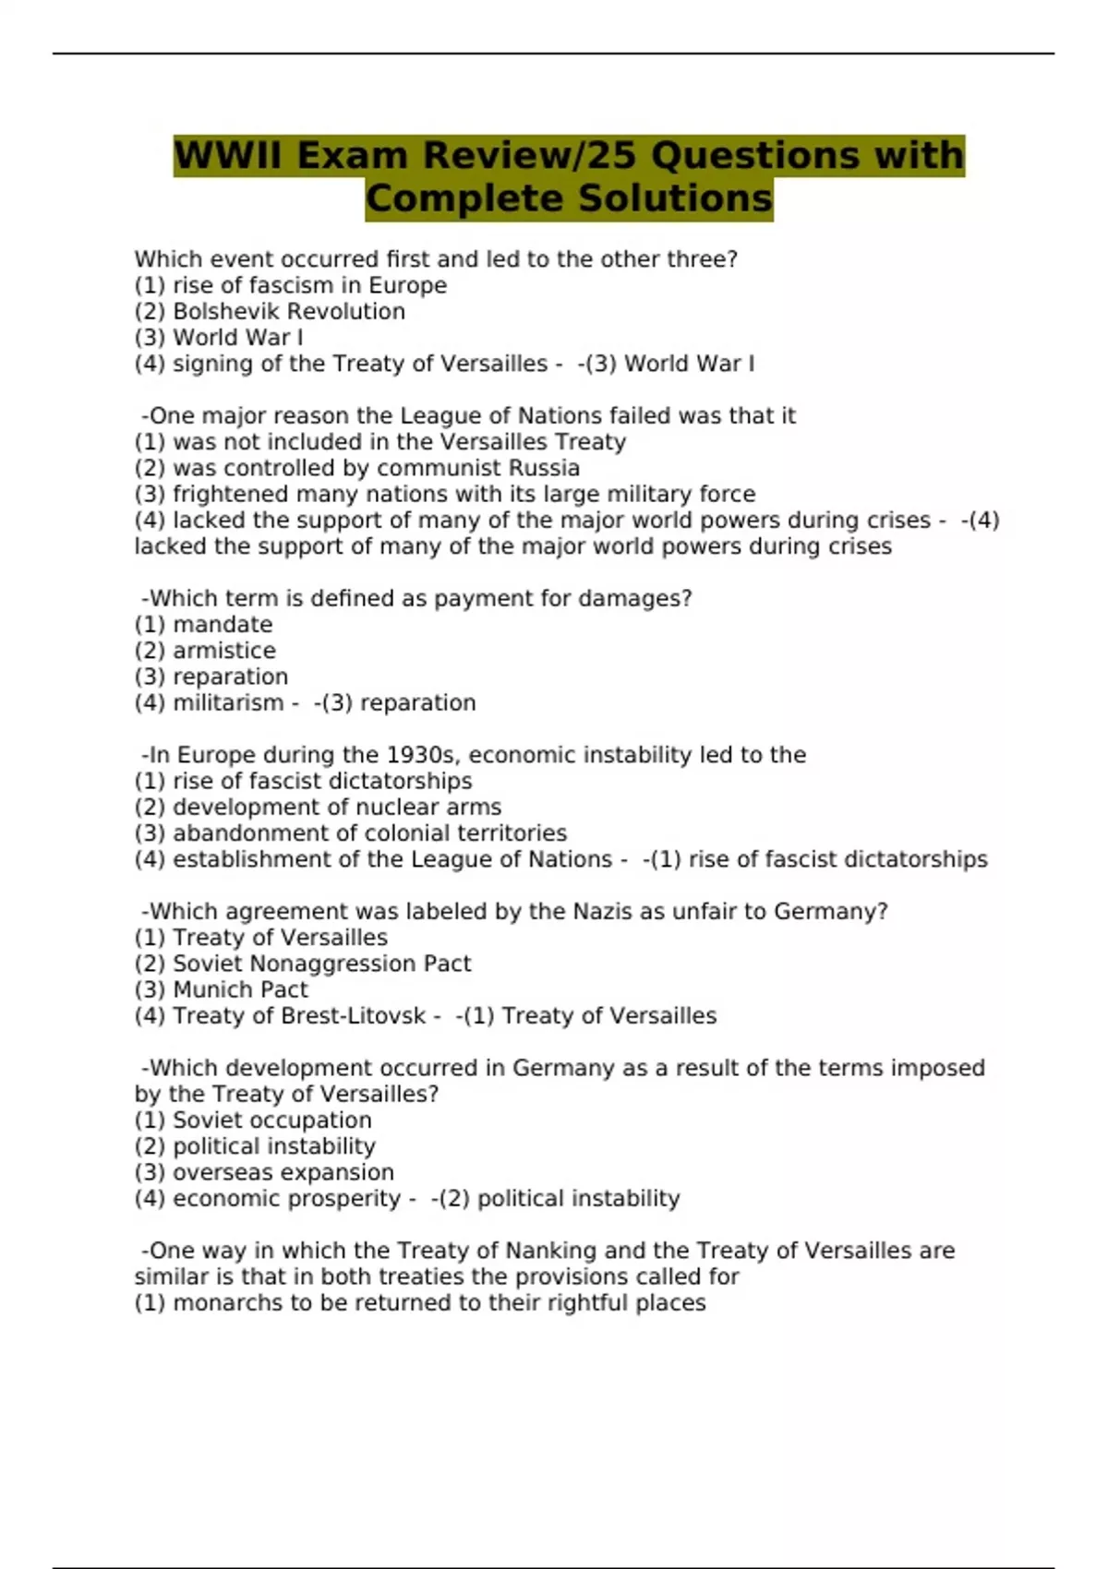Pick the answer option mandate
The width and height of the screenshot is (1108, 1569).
click(223, 625)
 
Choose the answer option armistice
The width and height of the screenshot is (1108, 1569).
click(224, 651)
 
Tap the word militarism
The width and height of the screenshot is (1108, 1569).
click(229, 702)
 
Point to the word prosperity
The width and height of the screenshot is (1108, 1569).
click(344, 1199)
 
